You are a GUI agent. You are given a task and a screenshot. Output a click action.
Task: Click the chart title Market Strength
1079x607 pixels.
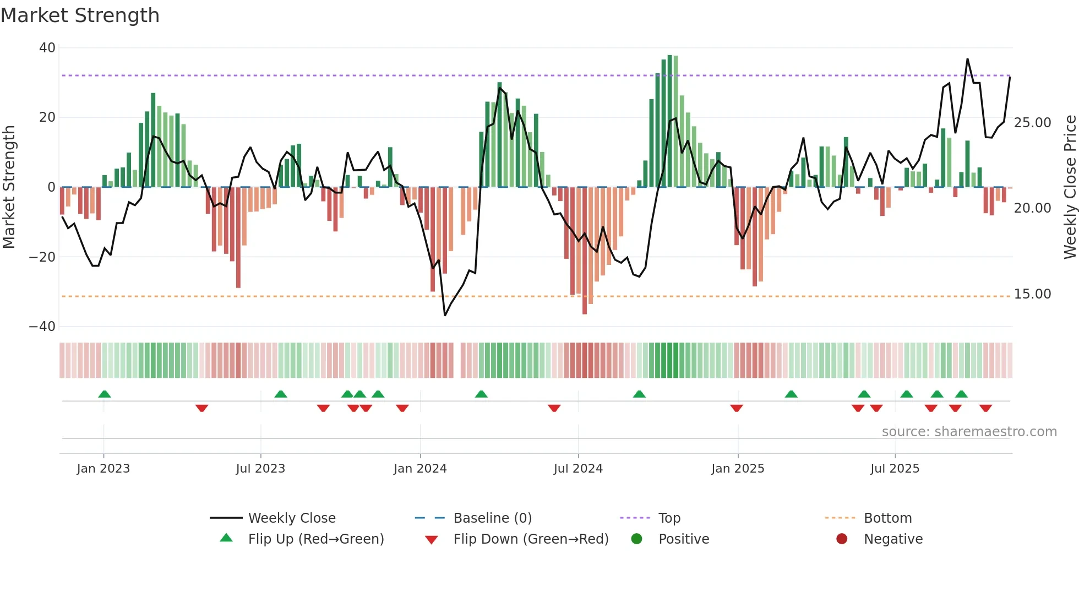pos(80,15)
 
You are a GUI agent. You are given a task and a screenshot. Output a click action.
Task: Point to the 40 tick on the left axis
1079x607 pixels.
pos(47,48)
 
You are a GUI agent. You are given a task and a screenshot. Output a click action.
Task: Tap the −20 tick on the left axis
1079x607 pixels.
pos(42,257)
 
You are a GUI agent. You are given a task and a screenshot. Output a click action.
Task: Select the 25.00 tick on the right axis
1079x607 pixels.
pos(1032,123)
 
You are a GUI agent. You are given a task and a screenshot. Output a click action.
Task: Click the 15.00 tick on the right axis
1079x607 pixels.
pos(1032,294)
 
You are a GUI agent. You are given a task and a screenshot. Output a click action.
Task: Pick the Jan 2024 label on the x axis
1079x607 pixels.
pos(420,469)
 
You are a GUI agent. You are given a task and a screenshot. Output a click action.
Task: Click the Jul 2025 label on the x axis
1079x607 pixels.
pos(895,469)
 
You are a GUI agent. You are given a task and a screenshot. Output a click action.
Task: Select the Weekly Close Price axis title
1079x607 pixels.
pos(1070,187)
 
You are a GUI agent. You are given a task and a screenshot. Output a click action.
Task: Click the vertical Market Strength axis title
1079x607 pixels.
pos(9,187)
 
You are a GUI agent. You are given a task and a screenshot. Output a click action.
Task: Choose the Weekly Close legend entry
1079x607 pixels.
pos(292,518)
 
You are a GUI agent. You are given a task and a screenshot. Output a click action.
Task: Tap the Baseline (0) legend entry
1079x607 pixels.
pos(492,518)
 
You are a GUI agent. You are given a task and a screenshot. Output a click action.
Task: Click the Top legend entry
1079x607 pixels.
pos(669,518)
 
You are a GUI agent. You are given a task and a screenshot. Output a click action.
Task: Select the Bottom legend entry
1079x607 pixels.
pos(887,518)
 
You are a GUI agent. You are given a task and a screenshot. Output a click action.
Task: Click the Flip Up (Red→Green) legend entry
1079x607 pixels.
pos(315,539)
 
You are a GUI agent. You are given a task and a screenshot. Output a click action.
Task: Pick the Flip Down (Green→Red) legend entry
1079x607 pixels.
pos(531,539)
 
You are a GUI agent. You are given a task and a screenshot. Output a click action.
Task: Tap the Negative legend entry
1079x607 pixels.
pos(893,539)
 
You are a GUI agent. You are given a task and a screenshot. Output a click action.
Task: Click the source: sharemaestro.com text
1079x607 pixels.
pos(969,432)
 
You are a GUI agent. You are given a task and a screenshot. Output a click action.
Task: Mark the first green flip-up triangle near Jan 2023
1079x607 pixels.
pos(105,394)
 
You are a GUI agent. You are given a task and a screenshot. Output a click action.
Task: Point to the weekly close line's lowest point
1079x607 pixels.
pos(445,315)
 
